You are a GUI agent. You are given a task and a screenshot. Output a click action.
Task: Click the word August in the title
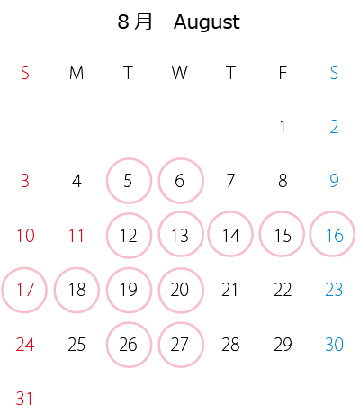[207, 22]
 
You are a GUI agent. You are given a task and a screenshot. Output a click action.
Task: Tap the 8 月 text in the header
[135, 22]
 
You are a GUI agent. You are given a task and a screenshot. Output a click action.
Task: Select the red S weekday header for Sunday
[25, 73]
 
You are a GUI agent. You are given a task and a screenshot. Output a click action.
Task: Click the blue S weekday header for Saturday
[334, 73]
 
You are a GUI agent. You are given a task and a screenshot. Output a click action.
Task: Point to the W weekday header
[180, 73]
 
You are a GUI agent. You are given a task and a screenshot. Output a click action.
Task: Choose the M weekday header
[76, 73]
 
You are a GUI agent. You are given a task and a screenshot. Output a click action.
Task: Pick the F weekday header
[283, 73]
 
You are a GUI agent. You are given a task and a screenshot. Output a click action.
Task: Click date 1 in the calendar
[283, 127]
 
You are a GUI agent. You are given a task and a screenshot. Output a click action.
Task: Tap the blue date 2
[334, 127]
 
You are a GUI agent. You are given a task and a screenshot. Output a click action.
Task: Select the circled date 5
[128, 181]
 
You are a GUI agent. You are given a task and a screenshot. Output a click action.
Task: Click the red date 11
[76, 236]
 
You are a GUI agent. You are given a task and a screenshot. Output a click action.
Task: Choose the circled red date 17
[25, 290]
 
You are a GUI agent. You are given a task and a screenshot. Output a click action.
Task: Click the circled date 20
[180, 290]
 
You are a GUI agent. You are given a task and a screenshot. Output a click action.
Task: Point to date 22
[283, 290]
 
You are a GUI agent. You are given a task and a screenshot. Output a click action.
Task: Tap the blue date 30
[334, 345]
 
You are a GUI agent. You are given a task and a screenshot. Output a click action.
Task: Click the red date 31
[24, 399]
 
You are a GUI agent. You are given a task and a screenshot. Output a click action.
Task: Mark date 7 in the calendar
[230, 181]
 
